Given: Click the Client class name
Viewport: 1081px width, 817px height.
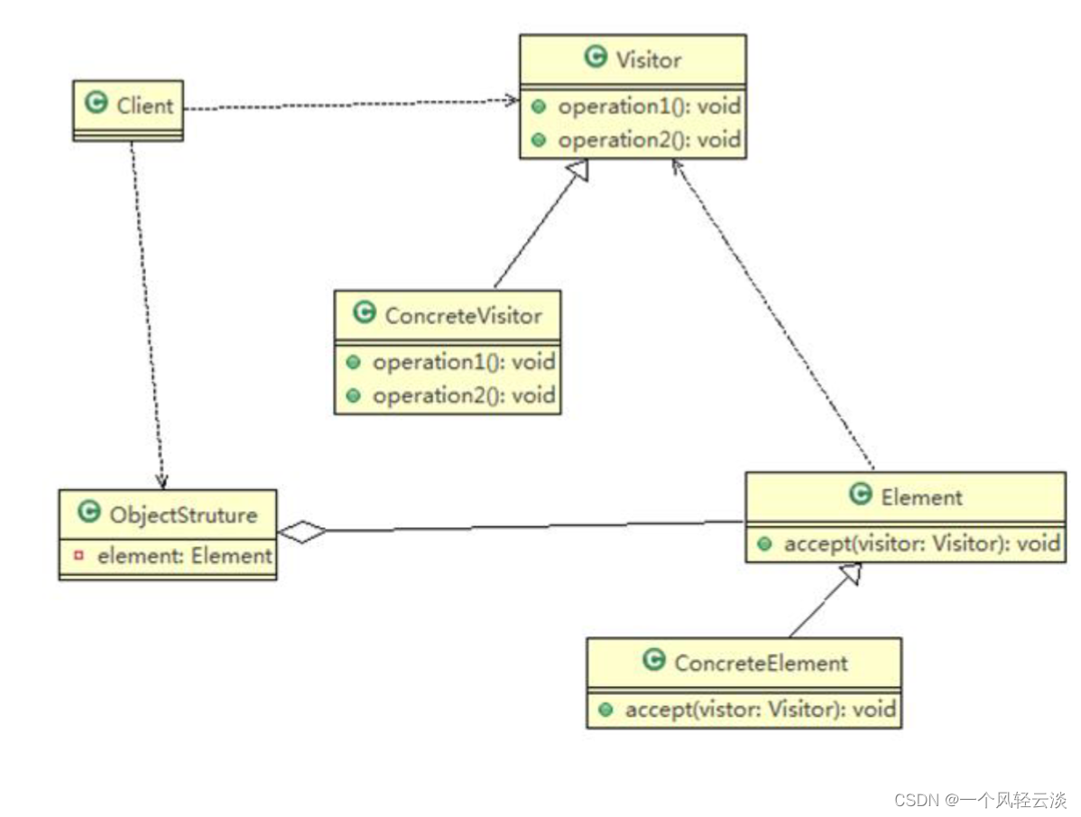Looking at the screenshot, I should (x=144, y=106).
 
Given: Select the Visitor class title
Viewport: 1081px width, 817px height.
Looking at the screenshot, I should (x=648, y=60).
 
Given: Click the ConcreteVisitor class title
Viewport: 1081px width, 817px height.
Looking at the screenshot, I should (x=463, y=315).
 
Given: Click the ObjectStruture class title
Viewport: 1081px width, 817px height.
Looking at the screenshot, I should (x=182, y=515).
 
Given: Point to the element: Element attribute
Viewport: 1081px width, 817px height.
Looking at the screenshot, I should (x=184, y=556).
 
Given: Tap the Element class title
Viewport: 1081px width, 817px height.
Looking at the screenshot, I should (x=921, y=497).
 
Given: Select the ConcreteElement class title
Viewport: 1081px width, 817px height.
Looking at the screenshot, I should (x=761, y=663).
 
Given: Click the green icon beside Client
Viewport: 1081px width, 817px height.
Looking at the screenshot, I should (x=96, y=104).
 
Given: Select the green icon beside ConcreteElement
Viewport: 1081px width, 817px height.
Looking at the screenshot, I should (x=654, y=661).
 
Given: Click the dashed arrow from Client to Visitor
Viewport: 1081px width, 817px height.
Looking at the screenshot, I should (x=352, y=104).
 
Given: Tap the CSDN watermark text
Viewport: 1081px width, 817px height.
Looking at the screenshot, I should (x=981, y=800).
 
